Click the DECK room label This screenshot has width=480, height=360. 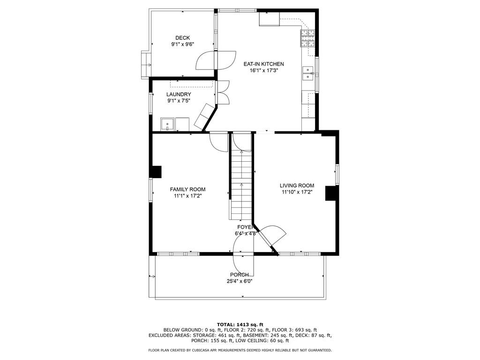pyautogui.click(x=182, y=38)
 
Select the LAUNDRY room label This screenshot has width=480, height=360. pyautogui.click(x=179, y=94)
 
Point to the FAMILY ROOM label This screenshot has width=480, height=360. pyautogui.click(x=187, y=189)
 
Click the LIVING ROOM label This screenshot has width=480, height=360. pyautogui.click(x=297, y=186)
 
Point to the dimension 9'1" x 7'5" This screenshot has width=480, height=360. pyautogui.click(x=179, y=101)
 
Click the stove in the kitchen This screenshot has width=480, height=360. pyautogui.click(x=307, y=38)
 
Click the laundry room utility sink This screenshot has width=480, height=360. pyautogui.click(x=167, y=124)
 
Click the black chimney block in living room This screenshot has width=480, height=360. pyautogui.click(x=331, y=193)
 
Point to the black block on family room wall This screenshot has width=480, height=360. pyautogui.click(x=156, y=172)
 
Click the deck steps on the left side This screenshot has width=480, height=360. pyautogui.click(x=145, y=64)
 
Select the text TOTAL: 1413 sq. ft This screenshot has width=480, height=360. pyautogui.click(x=240, y=324)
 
